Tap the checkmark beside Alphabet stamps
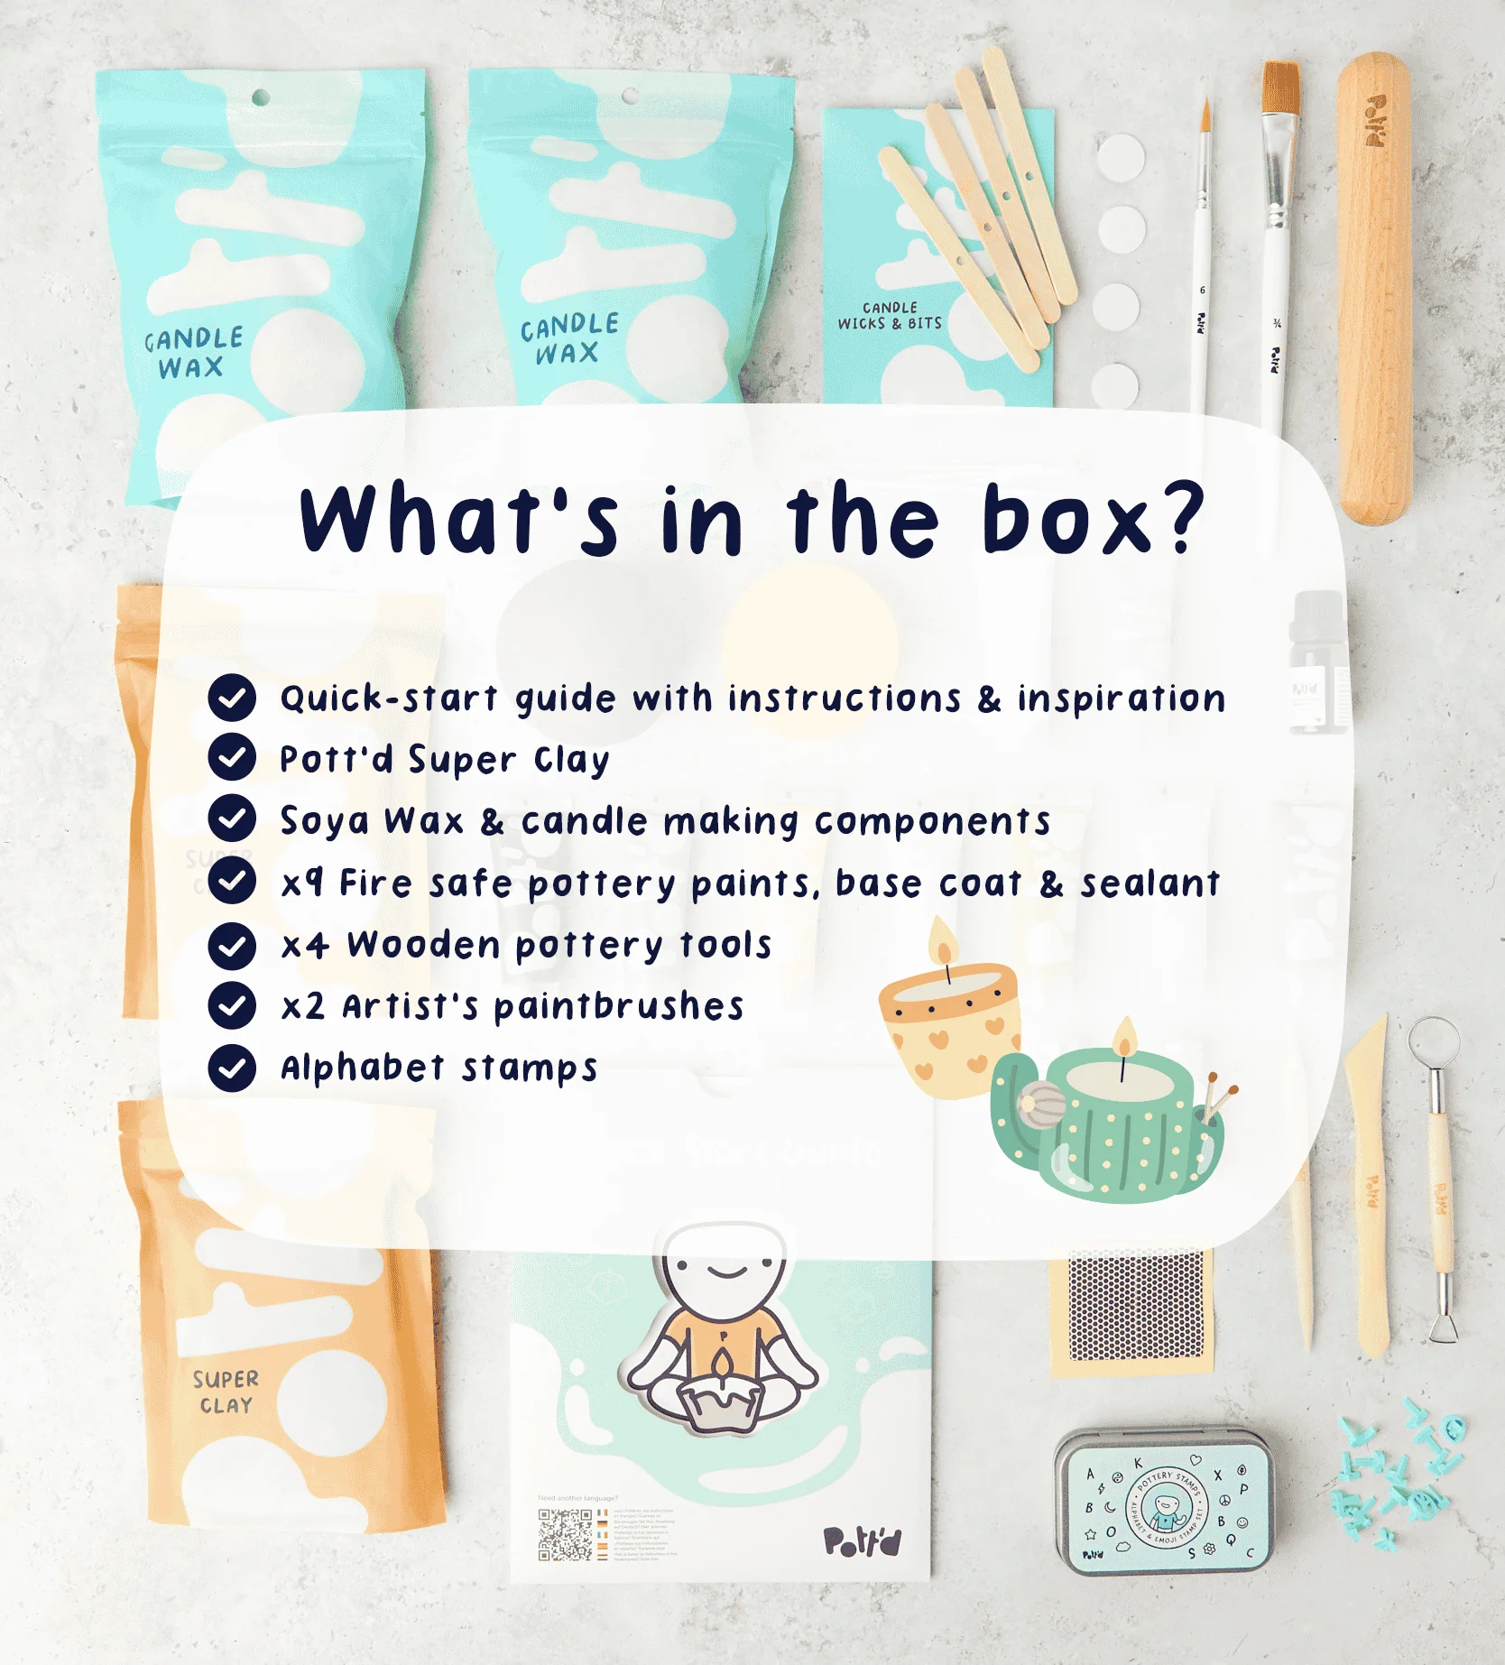coord(232,1068)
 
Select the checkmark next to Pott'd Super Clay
coord(232,757)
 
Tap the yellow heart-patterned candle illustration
coord(947,1024)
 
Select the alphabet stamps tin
coord(1164,1503)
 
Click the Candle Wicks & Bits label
coord(890,316)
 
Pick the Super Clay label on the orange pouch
coord(226,1392)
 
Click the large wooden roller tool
coord(1374,289)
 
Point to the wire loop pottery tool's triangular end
coord(1442,1327)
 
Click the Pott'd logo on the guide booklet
coord(862,1541)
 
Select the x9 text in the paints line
coord(302,883)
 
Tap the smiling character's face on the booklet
coord(725,1268)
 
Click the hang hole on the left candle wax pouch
coord(260,97)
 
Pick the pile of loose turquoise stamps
coord(1394,1471)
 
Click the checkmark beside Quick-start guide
coord(232,698)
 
